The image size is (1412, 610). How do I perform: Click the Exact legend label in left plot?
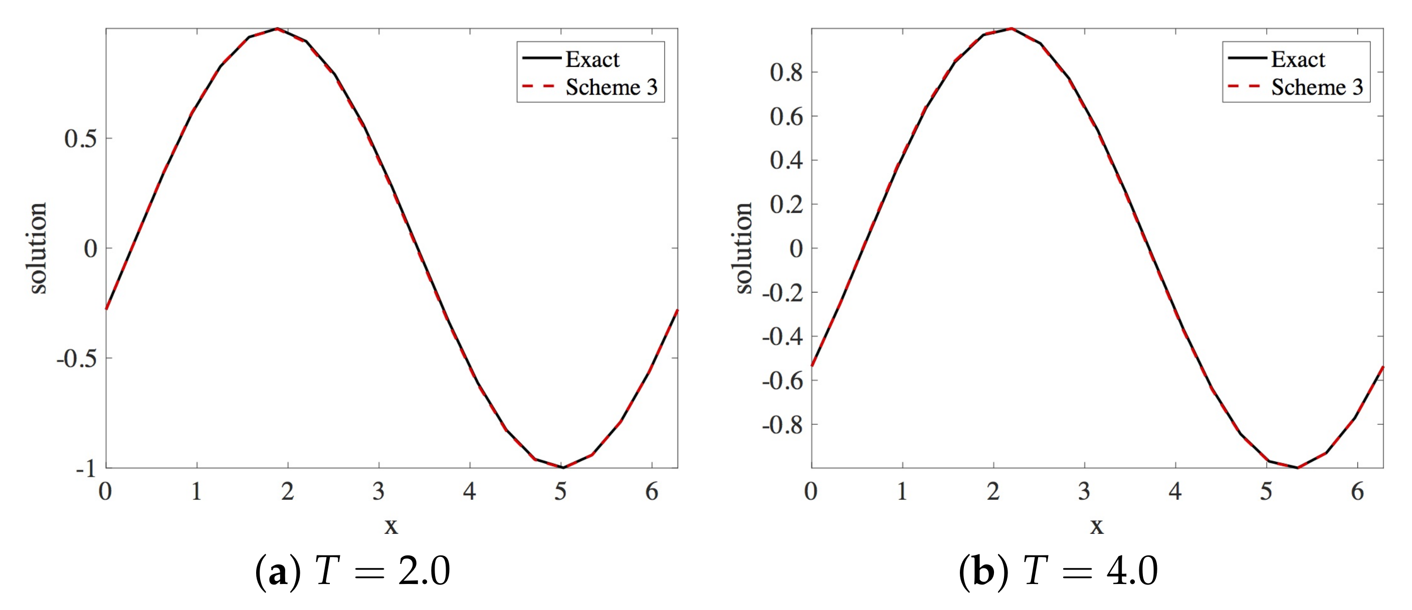tap(592, 59)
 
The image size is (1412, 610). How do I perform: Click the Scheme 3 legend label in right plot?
tap(1317, 88)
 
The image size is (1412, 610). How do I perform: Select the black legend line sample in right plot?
tap(1247, 58)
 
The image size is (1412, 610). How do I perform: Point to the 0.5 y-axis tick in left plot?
tap(81, 139)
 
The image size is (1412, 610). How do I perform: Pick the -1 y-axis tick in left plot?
tap(86, 469)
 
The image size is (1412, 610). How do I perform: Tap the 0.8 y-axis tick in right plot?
tap(786, 72)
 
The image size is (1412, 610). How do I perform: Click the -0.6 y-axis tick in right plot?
tap(782, 381)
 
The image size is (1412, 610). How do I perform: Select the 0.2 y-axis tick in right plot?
tap(786, 205)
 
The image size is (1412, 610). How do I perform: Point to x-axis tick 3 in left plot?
tap(379, 492)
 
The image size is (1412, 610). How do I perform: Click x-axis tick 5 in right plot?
tap(1266, 492)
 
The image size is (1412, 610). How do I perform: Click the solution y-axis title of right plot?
tap(744, 248)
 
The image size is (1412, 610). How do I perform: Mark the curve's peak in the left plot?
tap(277, 29)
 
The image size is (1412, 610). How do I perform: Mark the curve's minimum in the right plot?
tap(1297, 468)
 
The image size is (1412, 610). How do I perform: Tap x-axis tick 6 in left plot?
tap(652, 492)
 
